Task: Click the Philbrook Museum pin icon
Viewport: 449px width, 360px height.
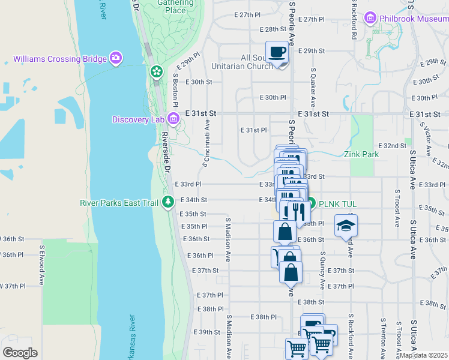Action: tap(369, 18)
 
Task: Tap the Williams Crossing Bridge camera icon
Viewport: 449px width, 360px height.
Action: tap(116, 59)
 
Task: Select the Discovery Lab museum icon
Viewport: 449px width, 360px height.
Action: tap(173, 119)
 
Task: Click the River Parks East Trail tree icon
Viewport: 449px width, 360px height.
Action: tap(169, 202)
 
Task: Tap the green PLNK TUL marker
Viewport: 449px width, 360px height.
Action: tap(311, 204)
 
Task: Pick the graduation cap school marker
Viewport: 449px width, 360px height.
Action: tap(345, 226)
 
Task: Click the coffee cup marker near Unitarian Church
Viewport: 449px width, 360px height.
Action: tap(277, 52)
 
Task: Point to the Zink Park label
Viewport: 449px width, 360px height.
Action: tap(361, 154)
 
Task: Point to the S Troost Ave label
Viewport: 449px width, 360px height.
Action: tap(397, 208)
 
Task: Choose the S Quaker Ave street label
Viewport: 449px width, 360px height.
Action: tap(313, 84)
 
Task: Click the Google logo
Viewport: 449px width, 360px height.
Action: tap(20, 353)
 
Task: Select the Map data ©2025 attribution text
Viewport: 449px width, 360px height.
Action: tap(424, 355)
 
